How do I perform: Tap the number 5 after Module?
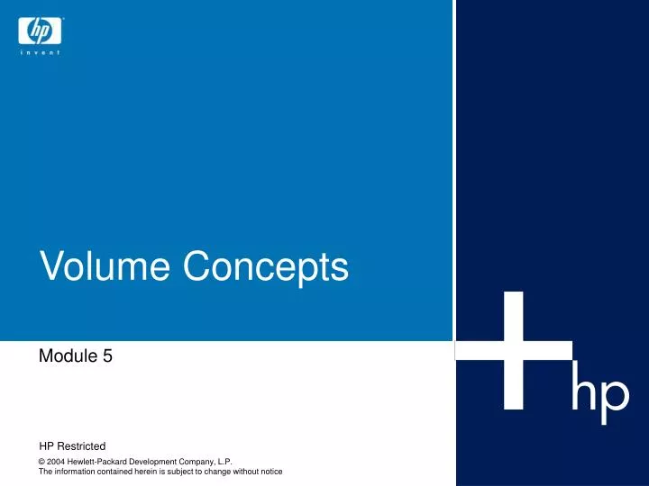107,356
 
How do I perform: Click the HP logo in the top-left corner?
41,32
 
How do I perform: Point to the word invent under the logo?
41,54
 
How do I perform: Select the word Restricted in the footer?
82,446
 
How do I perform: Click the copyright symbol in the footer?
42,462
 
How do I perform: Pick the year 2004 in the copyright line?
57,462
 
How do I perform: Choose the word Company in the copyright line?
199,462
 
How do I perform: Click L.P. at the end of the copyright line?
225,462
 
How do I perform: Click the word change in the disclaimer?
212,472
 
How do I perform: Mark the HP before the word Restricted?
47,446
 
